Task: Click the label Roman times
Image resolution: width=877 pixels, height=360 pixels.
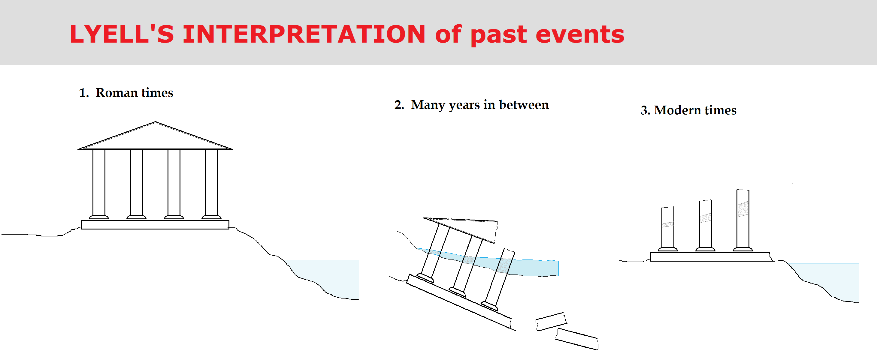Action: tap(135, 93)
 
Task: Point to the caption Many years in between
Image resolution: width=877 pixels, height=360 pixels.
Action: tap(480, 105)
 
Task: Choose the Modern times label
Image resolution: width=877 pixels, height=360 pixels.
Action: tap(695, 110)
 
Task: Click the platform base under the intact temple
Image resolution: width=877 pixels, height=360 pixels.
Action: tap(155, 225)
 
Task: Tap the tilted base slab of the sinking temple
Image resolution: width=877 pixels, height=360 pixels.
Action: tap(460, 301)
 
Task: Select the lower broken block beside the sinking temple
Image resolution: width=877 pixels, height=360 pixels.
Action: tap(577, 339)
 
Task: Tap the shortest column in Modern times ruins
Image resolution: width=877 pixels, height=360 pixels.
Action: tap(668, 229)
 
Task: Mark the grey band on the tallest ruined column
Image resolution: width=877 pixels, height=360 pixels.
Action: tap(743, 209)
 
